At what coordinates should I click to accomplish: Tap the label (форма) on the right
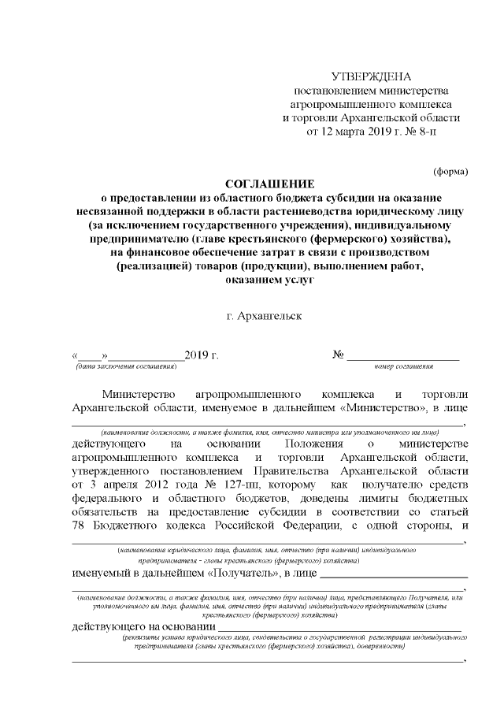pyautogui.click(x=450, y=170)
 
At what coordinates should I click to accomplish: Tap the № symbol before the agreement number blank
pyautogui.click(x=339, y=355)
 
